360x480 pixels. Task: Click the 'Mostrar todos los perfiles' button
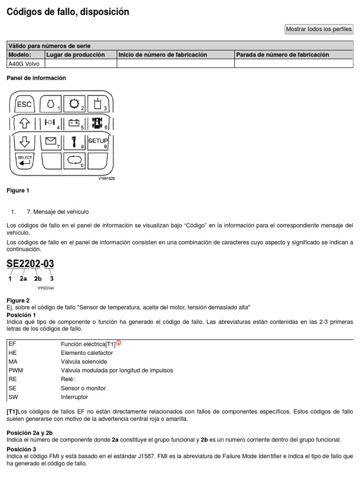tap(319, 29)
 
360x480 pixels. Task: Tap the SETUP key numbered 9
tap(98, 141)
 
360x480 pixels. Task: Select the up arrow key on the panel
tap(24, 123)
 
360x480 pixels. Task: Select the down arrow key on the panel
tap(24, 141)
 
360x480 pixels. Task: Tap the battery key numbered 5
tap(74, 123)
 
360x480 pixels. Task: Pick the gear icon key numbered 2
tap(74, 104)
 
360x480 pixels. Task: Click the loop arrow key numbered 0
tap(74, 160)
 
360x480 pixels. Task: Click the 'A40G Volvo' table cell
tap(24, 64)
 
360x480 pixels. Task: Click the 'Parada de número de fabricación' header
tap(283, 55)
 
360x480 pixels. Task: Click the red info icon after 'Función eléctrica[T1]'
tap(118, 343)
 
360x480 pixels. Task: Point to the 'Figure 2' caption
tap(18, 300)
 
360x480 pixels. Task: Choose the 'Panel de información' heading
tap(36, 78)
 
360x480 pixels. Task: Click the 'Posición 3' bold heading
tap(21, 449)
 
